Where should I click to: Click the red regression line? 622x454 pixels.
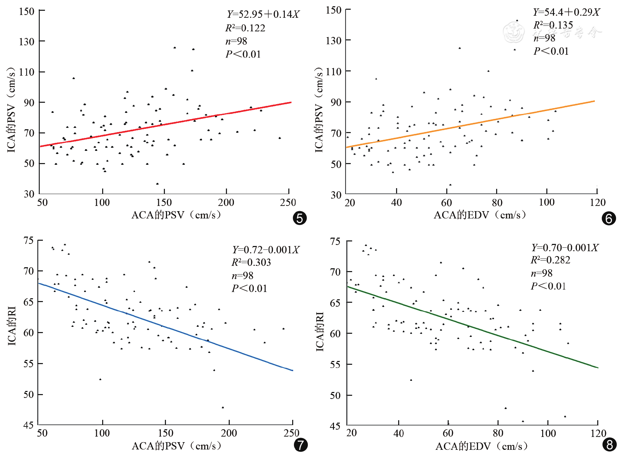coord(166,124)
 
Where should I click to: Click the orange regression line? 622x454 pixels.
coord(471,124)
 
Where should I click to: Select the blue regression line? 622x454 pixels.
coord(166,327)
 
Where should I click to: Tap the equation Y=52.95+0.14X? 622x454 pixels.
coord(263,14)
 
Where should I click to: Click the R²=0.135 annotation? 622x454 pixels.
coord(553,25)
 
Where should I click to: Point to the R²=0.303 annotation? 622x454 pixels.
coord(251,262)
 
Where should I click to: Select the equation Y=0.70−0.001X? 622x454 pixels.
coord(565,248)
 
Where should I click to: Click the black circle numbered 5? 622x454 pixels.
coord(300,218)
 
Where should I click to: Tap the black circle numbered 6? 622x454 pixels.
coord(609,218)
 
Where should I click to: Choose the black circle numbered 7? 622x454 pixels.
coord(301,445)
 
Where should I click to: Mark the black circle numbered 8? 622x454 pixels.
coord(609,445)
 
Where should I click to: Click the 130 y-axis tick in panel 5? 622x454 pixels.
coord(26,42)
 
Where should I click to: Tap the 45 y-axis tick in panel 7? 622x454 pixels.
coord(28,425)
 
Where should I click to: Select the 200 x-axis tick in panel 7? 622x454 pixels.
coord(229,433)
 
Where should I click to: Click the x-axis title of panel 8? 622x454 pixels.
coord(481,446)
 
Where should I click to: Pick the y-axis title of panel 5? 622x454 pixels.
coord(11,110)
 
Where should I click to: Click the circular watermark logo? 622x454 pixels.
coord(514,32)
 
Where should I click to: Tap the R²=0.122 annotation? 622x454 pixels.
coord(245,28)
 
